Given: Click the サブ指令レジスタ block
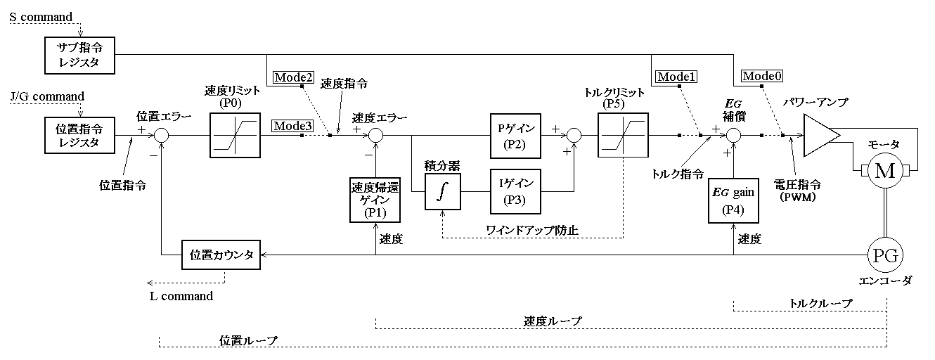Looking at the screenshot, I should [77, 55].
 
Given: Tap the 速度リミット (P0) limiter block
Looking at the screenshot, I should [236, 135].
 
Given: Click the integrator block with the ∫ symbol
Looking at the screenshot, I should [442, 191].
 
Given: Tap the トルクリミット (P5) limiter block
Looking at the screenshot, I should [624, 135].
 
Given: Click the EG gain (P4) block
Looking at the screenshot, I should [733, 201].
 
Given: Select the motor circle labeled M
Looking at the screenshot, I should [884, 171].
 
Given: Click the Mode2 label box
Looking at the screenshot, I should [292, 77].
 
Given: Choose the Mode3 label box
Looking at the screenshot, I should [292, 126].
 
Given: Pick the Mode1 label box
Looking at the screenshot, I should [676, 77].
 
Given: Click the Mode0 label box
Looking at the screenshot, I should [763, 76].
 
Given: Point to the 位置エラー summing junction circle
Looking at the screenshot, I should [162, 135].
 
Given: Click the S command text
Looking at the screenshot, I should [41, 16].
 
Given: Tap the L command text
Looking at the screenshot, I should [181, 296].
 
